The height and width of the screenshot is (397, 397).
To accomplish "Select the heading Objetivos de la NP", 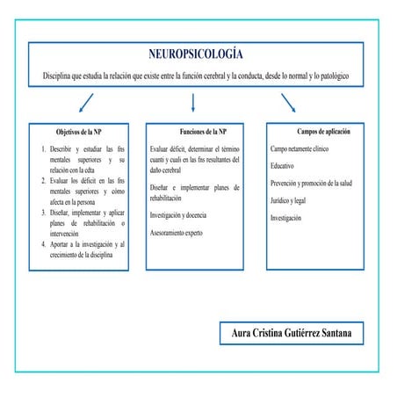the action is [79, 132].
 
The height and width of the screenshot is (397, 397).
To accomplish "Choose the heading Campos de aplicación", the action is [323, 132].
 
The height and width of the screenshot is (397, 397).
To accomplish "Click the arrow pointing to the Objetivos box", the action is [86, 104].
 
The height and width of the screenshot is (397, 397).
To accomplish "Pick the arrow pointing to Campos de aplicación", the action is [288, 104].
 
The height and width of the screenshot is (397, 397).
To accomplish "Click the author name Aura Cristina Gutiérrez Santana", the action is [291, 334].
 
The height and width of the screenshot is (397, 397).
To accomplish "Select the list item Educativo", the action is [283, 166].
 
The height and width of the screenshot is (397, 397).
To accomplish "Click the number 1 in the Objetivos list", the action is [44, 149].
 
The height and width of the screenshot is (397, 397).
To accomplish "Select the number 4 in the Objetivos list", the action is [44, 244].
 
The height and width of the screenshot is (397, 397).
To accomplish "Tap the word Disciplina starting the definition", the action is [62, 76].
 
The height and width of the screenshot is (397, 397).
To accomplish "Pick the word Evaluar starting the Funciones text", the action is [162, 149].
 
